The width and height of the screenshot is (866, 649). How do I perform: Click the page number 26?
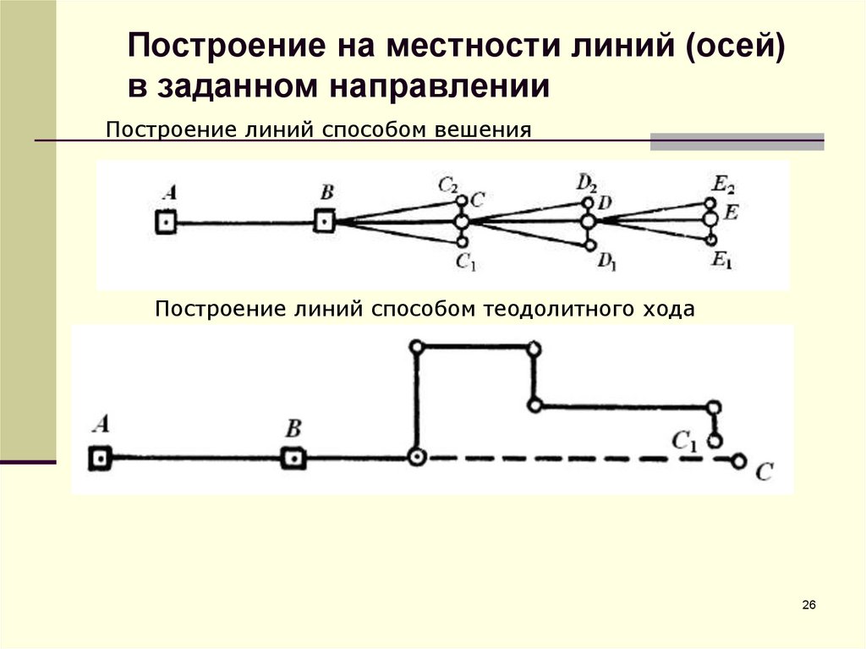(x=808, y=604)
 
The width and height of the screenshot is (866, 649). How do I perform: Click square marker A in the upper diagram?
(x=167, y=223)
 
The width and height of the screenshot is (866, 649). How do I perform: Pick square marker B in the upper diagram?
(x=324, y=223)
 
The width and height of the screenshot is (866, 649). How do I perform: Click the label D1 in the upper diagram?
(x=606, y=262)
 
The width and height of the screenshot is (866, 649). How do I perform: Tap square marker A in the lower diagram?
(x=101, y=458)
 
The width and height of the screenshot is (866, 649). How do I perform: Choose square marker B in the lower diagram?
(x=293, y=458)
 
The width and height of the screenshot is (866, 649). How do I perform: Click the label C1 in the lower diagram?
(x=685, y=439)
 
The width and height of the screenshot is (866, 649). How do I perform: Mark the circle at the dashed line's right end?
(x=739, y=461)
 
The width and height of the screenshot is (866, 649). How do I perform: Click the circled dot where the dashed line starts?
(x=416, y=458)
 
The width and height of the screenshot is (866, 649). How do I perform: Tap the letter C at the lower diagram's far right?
(x=764, y=471)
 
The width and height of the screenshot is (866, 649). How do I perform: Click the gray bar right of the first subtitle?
(x=737, y=141)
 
